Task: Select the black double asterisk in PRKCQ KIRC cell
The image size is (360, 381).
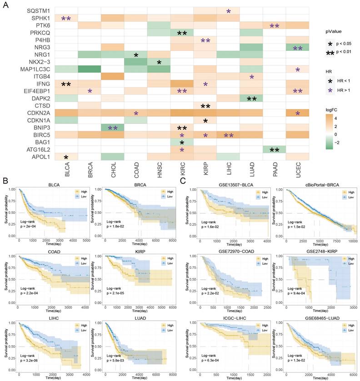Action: click(182, 34)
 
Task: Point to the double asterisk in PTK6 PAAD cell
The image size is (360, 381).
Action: click(275, 26)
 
